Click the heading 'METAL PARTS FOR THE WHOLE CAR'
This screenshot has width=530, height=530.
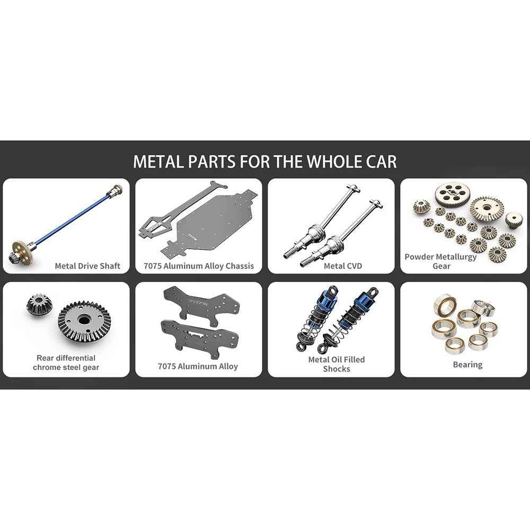pos(264,161)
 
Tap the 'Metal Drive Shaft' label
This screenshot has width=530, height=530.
pos(87,266)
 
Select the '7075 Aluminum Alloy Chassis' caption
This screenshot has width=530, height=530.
pos(199,266)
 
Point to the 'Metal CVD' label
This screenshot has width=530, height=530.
pos(343,266)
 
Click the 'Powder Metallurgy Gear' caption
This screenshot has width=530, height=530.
pos(440,261)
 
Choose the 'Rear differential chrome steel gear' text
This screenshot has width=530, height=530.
pos(66,363)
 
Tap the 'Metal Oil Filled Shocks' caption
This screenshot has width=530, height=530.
pos(337,364)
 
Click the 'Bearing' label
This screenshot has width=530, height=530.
pos(467,365)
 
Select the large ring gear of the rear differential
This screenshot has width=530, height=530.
pos(84,321)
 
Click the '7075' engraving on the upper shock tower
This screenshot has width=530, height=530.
pos(197,302)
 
